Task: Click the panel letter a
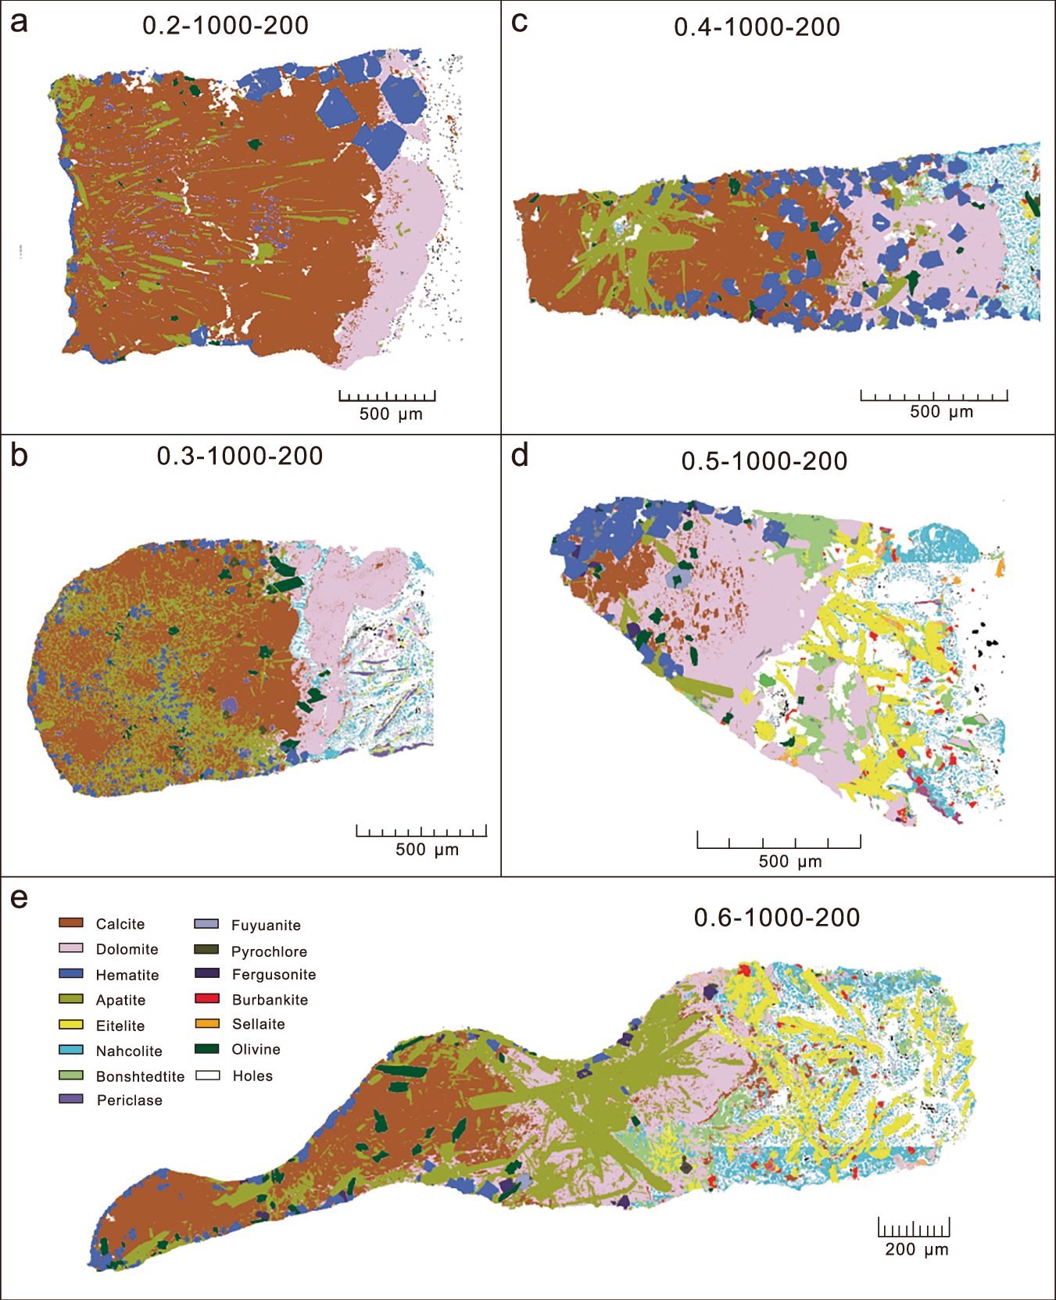click(x=19, y=23)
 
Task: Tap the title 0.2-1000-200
click(x=225, y=25)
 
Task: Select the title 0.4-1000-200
click(x=757, y=27)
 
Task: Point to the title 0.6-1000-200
click(x=776, y=917)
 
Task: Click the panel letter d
click(x=519, y=456)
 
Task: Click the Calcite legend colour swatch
click(x=71, y=923)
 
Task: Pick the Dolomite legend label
click(x=127, y=949)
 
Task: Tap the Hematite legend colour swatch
click(x=71, y=974)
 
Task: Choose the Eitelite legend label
click(x=120, y=1026)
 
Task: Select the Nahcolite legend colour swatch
click(x=71, y=1050)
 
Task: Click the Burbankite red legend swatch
click(x=207, y=998)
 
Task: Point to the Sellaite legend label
click(x=258, y=1024)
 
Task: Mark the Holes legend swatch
click(x=207, y=1075)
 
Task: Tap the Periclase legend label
click(x=129, y=1100)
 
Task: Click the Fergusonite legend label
click(x=274, y=975)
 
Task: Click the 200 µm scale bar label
click(x=916, y=1249)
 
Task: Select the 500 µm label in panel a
click(x=390, y=414)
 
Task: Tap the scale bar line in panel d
click(x=779, y=847)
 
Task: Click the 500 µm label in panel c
click(x=941, y=412)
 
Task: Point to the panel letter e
click(x=19, y=898)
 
